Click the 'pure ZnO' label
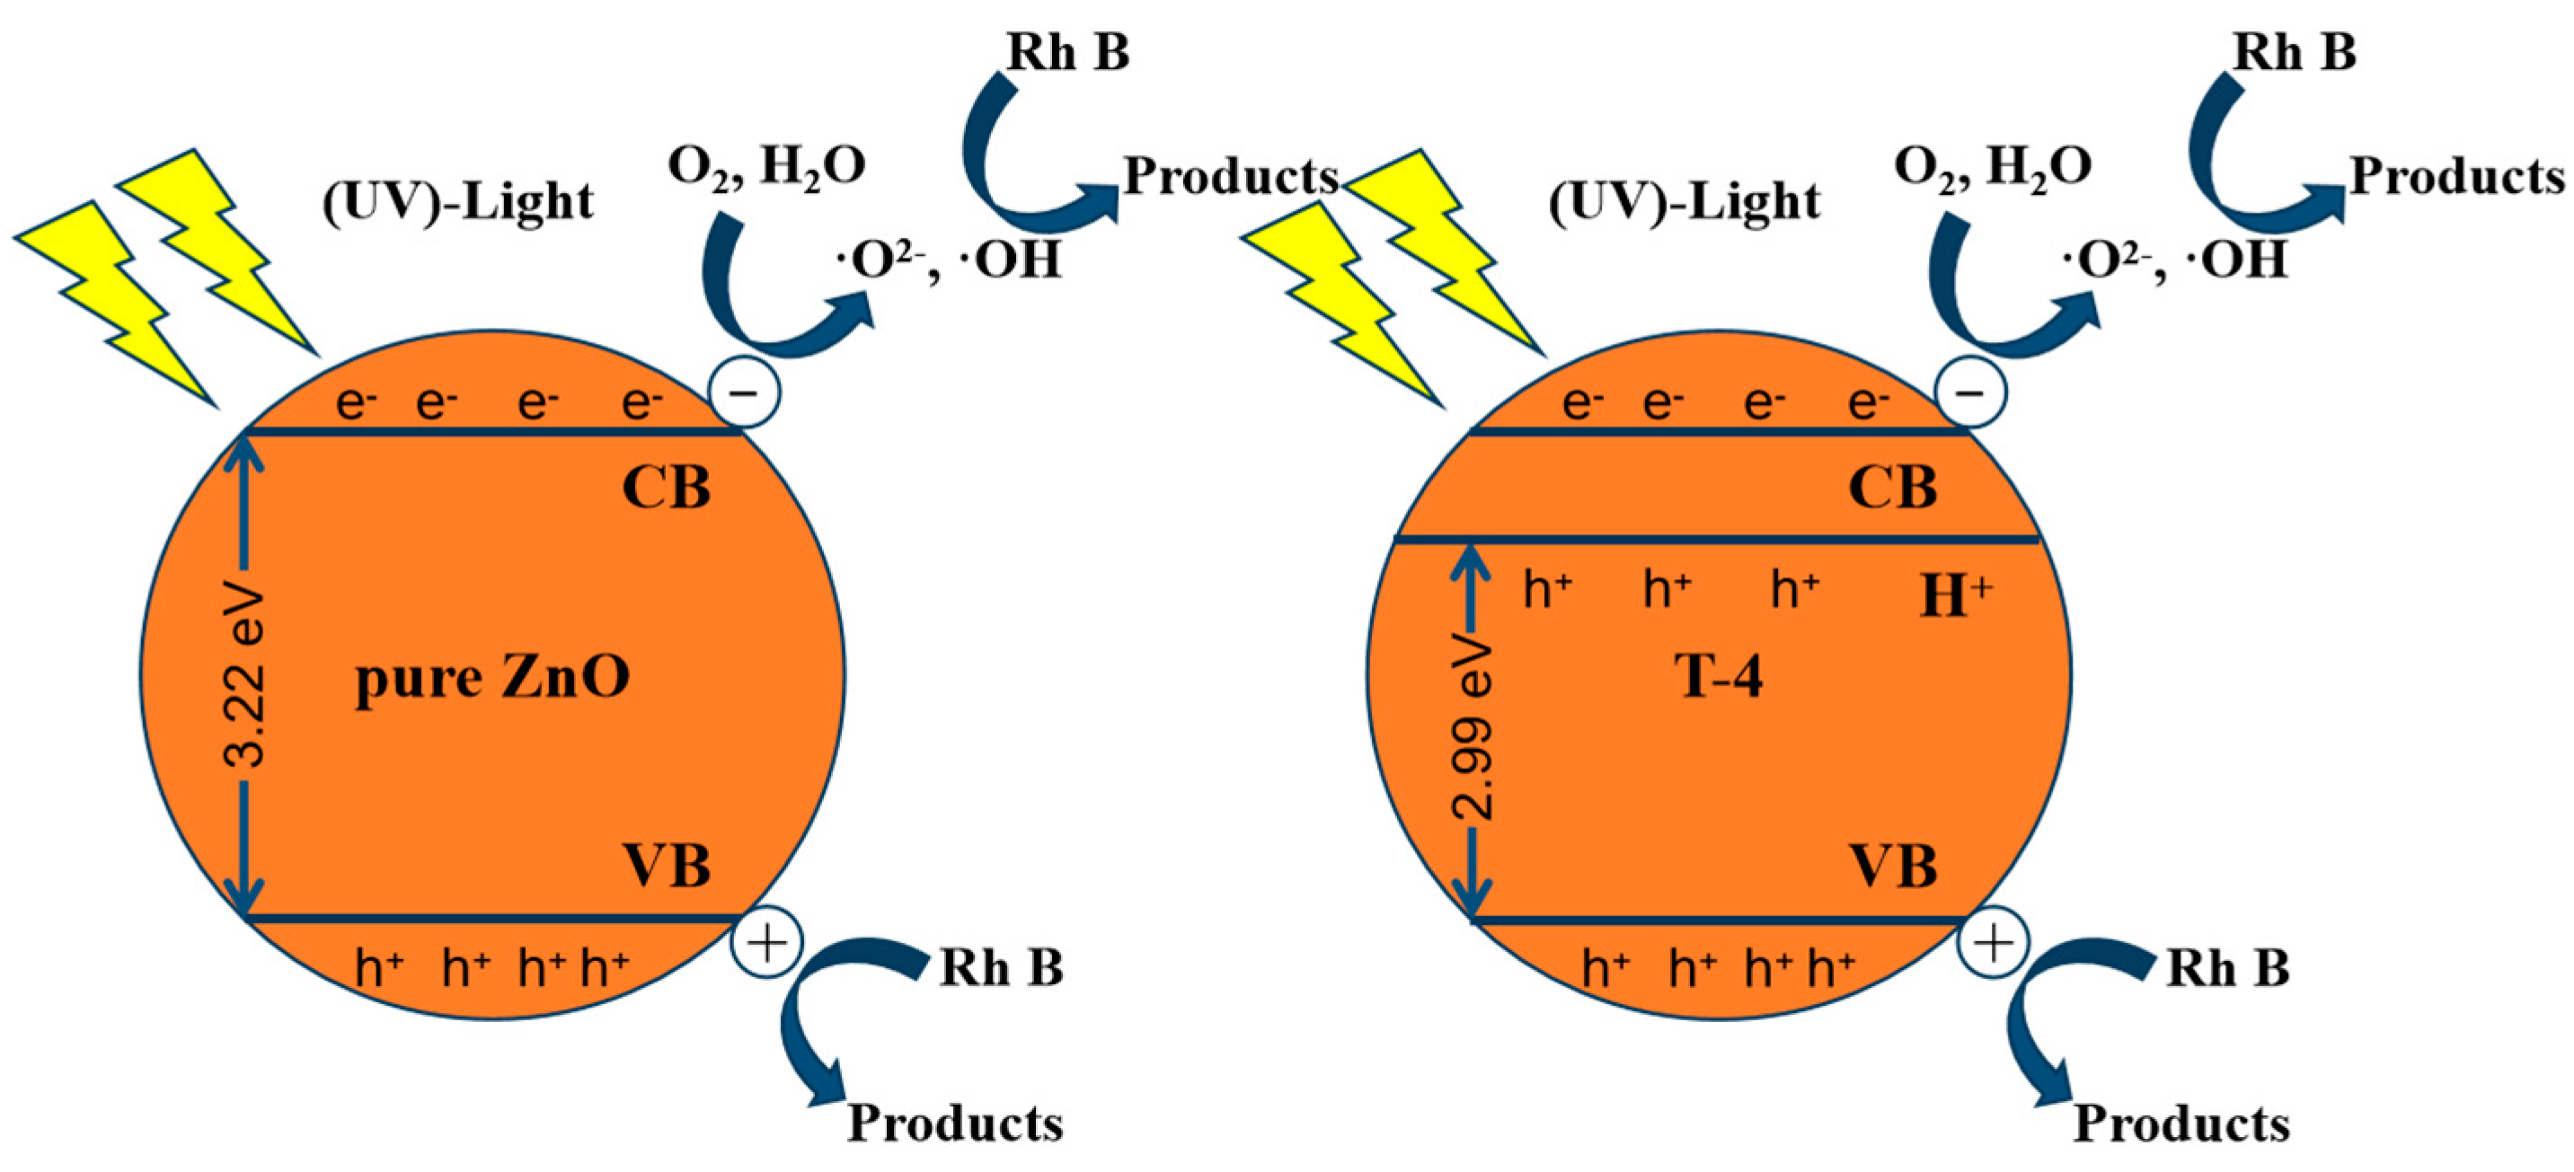pos(492,680)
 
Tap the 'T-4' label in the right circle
pos(1718,677)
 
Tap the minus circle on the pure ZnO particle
pos(745,392)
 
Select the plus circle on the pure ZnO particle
pos(767,943)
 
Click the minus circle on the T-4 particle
pos(1970,392)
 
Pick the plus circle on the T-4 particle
pos(1994,943)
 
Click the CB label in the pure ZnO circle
pos(667,489)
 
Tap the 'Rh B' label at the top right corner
pos(2295,52)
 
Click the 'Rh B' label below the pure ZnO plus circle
pos(1001,967)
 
